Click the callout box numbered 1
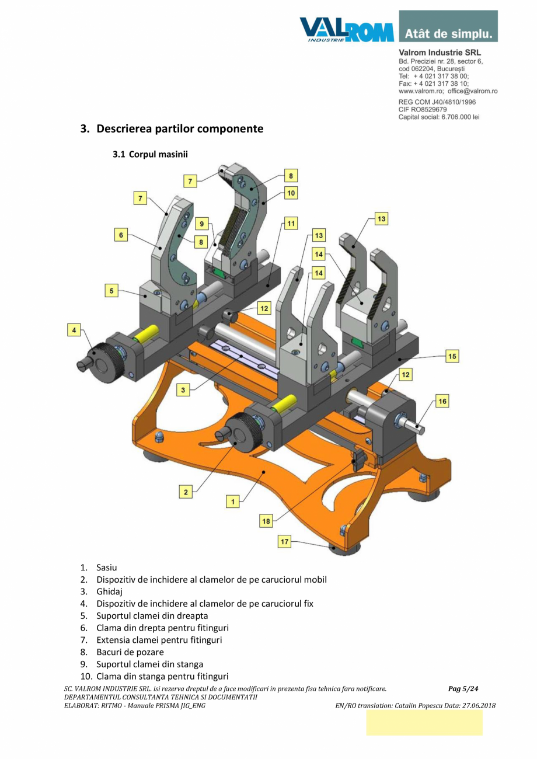(232, 501)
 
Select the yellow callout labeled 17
(284, 542)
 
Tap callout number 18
(266, 521)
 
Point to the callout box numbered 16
(442, 401)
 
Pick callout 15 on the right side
(452, 355)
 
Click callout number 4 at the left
(74, 330)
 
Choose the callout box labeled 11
(291, 223)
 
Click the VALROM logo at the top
(347, 30)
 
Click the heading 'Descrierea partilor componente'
(180, 128)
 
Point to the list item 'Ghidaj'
(109, 591)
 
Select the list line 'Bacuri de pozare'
(130, 652)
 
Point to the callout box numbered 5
(111, 290)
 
